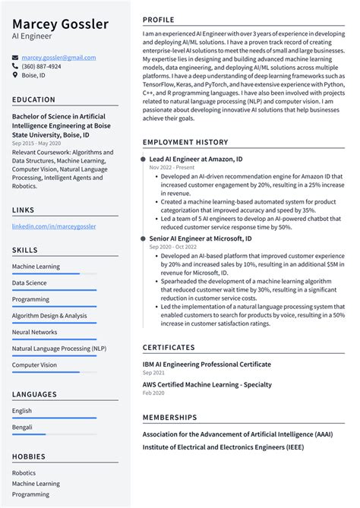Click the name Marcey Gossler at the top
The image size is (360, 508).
[60, 24]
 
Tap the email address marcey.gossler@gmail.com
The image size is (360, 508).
[58, 58]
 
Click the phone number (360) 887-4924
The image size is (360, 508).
[41, 66]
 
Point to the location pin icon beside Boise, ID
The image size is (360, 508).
[15, 75]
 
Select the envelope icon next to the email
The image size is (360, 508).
[15, 58]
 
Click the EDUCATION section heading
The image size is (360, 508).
[33, 99]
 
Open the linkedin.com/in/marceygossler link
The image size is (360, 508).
[54, 226]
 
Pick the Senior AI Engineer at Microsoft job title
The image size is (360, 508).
[201, 238]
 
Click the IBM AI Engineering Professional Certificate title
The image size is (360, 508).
[207, 364]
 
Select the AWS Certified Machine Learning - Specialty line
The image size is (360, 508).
[207, 385]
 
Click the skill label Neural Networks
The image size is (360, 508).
[34, 332]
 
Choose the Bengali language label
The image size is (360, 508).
[22, 428]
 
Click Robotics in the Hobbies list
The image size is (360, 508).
[24, 472]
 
